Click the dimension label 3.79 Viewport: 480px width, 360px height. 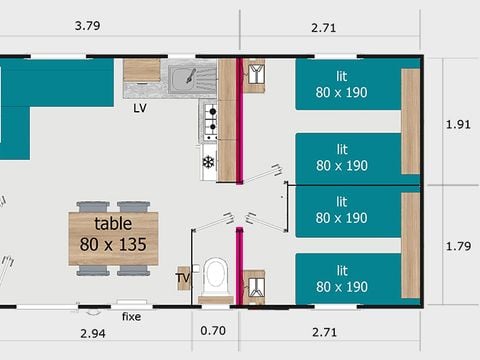pos(87,26)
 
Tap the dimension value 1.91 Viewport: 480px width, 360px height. pos(458,124)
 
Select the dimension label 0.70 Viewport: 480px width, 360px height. pos(213,331)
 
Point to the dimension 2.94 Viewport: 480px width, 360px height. pos(93,333)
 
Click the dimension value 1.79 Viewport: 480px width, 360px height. pos(459,246)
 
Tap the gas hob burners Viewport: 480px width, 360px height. pos(211,122)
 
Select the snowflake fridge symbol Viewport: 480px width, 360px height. pos(209,162)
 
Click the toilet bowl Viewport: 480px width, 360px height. pos(215,277)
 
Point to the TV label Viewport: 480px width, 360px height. pos(183,278)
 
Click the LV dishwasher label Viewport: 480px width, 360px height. pos(140,108)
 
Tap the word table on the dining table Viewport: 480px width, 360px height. pos(113,223)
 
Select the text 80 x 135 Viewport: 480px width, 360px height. pos(113,244)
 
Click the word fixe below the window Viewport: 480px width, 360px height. pos(131,316)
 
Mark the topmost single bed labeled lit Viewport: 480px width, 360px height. pos(348,85)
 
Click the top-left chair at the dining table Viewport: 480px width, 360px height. pos(93,207)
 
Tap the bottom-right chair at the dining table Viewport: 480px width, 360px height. pos(133,270)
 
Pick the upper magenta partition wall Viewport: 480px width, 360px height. pos(239,121)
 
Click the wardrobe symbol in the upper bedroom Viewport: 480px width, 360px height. pos(256,74)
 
